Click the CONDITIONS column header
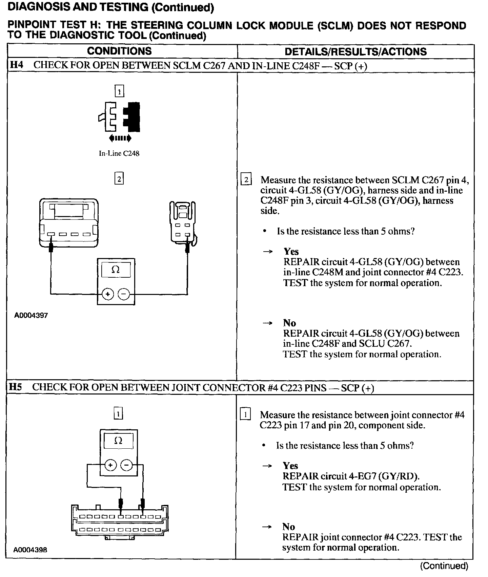point(119,51)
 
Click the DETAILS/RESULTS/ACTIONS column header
point(355,51)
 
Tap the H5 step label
point(15,387)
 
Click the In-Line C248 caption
point(119,153)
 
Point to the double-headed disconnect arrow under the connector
point(120,138)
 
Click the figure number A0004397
point(31,315)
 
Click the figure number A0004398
point(30,559)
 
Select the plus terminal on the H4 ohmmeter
point(108,294)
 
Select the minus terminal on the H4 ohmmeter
point(124,294)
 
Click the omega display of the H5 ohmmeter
point(118,441)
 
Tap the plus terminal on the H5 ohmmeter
point(110,465)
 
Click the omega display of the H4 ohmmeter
point(116,270)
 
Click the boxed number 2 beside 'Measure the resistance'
point(246,179)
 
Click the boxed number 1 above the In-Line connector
point(119,91)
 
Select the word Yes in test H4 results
point(291,251)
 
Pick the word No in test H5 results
point(288,527)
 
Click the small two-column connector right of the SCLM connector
point(183,223)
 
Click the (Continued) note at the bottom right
point(444,566)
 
